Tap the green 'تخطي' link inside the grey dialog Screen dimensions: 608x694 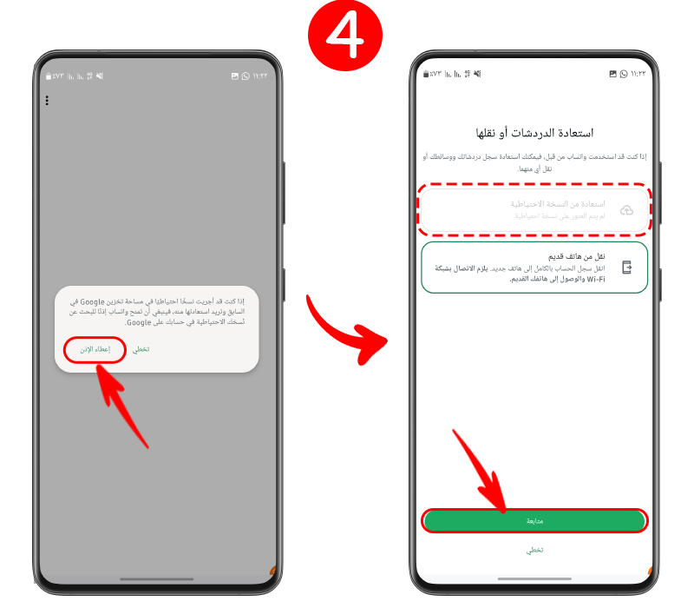pyautogui.click(x=141, y=349)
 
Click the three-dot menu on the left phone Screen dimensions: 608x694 pyautogui.click(x=47, y=101)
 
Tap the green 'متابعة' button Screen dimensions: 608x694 pyautogui.click(x=534, y=520)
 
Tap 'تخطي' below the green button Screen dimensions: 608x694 pyautogui.click(x=534, y=550)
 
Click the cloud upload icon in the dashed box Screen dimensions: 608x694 pyautogui.click(x=626, y=209)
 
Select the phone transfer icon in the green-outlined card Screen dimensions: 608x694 pyautogui.click(x=626, y=268)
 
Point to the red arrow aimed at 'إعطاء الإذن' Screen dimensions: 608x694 pyautogui.click(x=121, y=400)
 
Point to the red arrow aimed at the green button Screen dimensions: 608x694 pyautogui.click(x=481, y=469)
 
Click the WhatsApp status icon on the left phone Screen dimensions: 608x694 pyautogui.click(x=246, y=76)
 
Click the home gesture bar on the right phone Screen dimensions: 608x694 pyautogui.click(x=534, y=578)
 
